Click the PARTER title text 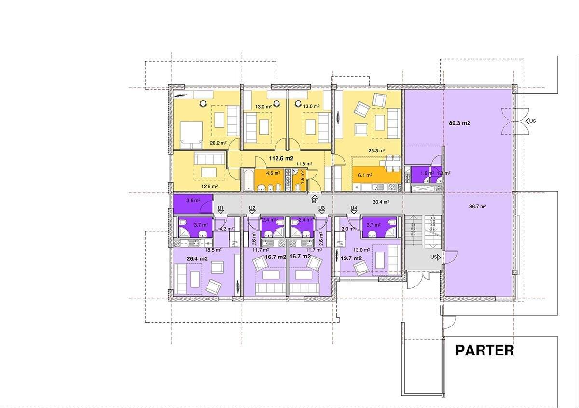484,351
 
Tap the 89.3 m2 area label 459,123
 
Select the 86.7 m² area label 477,206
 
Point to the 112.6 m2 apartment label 281,158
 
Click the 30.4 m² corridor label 381,202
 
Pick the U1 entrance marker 221,210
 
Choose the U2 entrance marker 252,210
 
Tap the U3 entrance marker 321,210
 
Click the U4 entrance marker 354,210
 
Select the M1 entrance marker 315,199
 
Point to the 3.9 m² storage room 193,204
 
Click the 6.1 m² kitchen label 365,175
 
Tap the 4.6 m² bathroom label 273,173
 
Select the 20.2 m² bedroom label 218,143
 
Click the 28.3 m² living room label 377,150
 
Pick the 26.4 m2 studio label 197,258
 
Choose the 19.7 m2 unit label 351,258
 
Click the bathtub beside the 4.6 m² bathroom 248,180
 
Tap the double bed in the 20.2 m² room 191,135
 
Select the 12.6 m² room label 209,186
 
